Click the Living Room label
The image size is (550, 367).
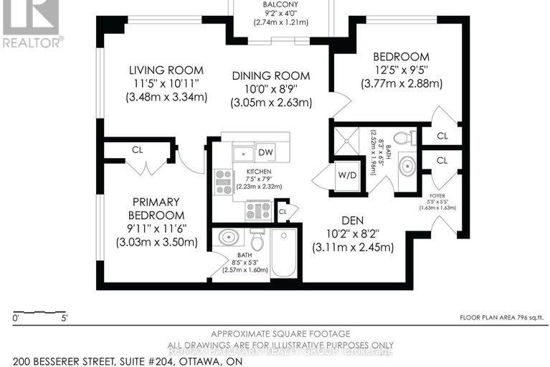coord(166,70)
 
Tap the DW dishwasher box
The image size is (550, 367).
coord(266,152)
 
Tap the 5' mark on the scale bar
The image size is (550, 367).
coord(65,317)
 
